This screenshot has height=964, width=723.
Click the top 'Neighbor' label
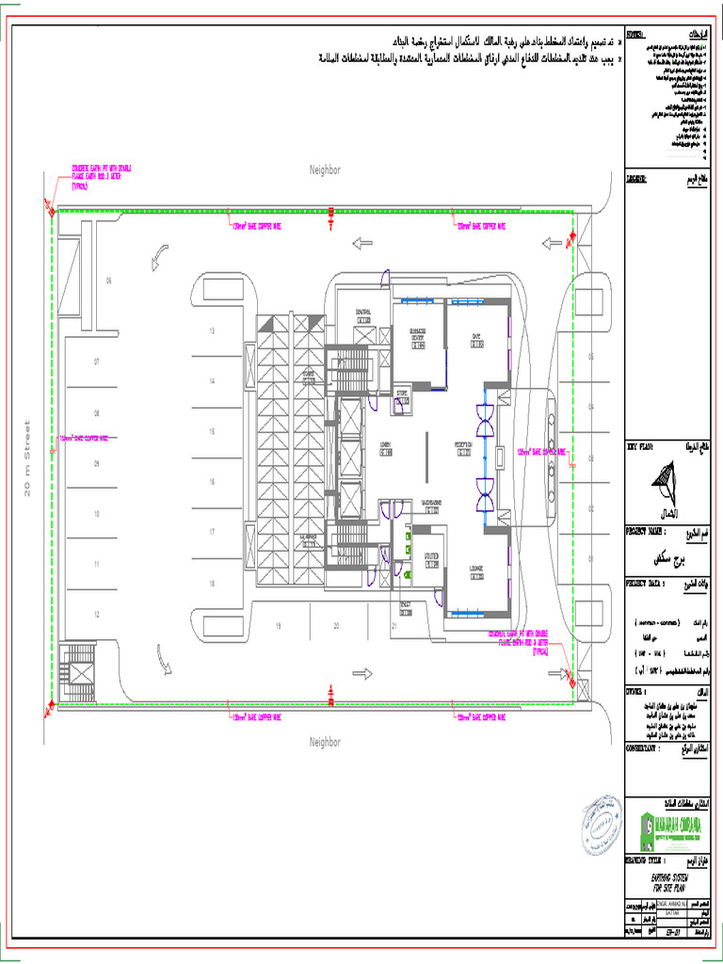(x=325, y=169)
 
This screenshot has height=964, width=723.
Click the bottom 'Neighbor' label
(x=325, y=743)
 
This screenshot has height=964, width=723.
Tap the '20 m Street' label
(x=27, y=458)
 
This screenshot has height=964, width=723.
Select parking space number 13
(x=212, y=331)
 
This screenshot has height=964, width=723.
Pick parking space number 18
(x=212, y=584)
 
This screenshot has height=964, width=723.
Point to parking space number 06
(x=108, y=281)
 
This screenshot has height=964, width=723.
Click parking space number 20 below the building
(x=335, y=625)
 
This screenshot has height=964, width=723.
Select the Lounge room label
(x=476, y=570)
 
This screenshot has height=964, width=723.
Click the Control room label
(x=363, y=315)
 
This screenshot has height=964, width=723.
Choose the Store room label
(x=402, y=395)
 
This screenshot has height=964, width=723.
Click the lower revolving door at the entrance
(x=486, y=493)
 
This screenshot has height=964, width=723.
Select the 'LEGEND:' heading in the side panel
(x=642, y=177)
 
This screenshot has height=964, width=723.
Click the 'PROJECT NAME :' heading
(x=651, y=532)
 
